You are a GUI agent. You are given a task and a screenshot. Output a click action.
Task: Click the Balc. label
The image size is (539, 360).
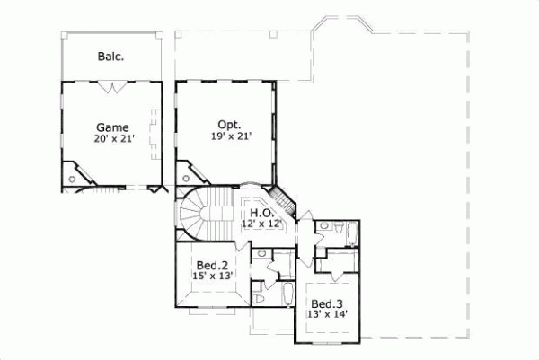click(110, 57)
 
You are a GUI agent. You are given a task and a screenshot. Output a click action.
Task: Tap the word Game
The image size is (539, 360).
click(113, 127)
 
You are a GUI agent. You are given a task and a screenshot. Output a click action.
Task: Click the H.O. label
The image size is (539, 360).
click(262, 213)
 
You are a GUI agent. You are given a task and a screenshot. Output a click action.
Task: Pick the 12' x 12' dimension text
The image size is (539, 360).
click(262, 223)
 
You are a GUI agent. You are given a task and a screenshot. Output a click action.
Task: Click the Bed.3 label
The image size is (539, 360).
click(325, 303)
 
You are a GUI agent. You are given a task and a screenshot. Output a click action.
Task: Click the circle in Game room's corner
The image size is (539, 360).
click(73, 180)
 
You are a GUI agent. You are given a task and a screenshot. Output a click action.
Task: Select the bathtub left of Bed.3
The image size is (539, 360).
click(284, 297)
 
